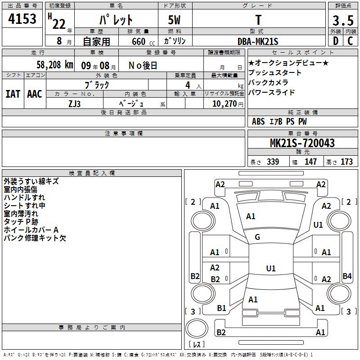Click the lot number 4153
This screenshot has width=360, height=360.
(22, 21)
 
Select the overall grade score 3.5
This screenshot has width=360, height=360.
(342, 21)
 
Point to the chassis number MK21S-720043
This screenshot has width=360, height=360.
(302, 143)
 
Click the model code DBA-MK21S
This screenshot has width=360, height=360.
(258, 41)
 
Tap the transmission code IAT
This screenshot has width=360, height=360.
(13, 94)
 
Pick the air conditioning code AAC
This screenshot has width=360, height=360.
(35, 94)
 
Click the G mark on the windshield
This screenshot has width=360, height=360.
(257, 237)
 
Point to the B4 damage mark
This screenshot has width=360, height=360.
(347, 276)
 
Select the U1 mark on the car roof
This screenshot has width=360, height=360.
(270, 269)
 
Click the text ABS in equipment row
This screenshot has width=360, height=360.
(258, 121)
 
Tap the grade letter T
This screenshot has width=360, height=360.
(258, 20)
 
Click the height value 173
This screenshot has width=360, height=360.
(346, 162)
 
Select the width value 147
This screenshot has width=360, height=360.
(310, 162)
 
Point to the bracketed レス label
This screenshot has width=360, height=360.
(197, 345)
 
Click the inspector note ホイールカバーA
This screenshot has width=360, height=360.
(31, 230)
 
